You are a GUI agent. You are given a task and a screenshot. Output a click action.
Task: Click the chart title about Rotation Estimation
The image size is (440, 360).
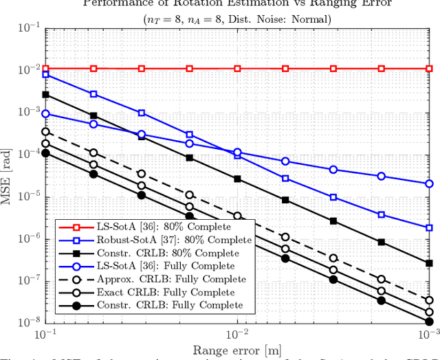(x=237, y=3)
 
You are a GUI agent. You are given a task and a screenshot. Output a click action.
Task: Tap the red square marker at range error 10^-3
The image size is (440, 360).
(x=429, y=69)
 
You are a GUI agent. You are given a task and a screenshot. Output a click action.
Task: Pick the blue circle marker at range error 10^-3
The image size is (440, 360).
(x=429, y=183)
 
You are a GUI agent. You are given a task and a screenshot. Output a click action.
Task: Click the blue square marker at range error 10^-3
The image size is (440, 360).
(x=429, y=227)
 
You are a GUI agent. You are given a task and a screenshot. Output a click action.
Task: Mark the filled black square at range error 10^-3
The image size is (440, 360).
(x=429, y=263)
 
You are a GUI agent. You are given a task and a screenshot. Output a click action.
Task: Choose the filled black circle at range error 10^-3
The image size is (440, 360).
(x=429, y=322)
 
